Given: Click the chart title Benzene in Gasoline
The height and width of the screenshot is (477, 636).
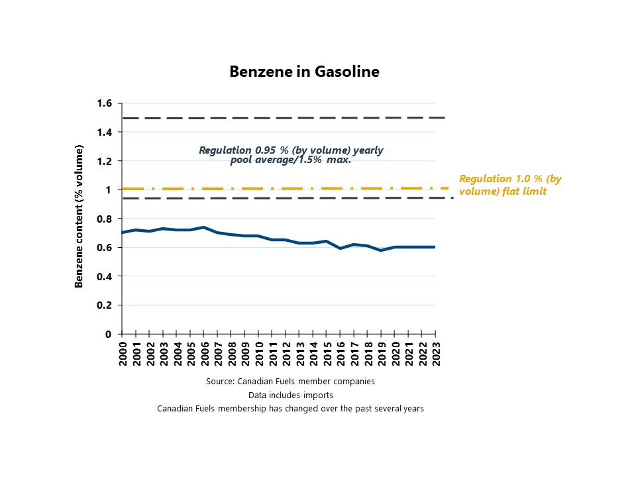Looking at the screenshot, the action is pyautogui.click(x=304, y=72).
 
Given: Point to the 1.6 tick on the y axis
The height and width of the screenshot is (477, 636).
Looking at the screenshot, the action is pyautogui.click(x=104, y=103).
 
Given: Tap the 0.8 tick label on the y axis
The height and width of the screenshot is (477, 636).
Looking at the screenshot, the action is pyautogui.click(x=104, y=219).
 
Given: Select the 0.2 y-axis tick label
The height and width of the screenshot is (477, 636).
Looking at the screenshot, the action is pyautogui.click(x=104, y=305).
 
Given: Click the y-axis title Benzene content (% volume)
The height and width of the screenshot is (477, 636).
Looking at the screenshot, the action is pyautogui.click(x=79, y=216).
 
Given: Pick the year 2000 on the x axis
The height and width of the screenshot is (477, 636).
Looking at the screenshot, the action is pyautogui.click(x=123, y=353).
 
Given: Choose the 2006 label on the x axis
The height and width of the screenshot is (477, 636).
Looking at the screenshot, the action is pyautogui.click(x=205, y=353).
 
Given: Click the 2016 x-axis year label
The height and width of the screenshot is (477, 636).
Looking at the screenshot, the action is pyautogui.click(x=341, y=353).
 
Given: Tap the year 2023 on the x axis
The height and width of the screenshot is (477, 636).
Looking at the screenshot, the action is pyautogui.click(x=436, y=353).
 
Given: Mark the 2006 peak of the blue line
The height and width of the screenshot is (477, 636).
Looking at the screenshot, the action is pyautogui.click(x=203, y=227).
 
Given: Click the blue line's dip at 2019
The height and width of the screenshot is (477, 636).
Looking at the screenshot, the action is pyautogui.click(x=381, y=250).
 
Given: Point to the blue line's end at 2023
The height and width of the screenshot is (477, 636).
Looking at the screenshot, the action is pyautogui.click(x=435, y=247).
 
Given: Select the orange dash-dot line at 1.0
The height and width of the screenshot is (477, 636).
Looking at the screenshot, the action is pyautogui.click(x=285, y=189).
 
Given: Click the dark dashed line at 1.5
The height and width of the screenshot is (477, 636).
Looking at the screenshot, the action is pyautogui.click(x=283, y=118).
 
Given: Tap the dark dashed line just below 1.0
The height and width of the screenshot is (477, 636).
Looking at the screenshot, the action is pyautogui.click(x=288, y=198).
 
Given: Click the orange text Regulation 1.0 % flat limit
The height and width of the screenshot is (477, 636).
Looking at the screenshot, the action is pyautogui.click(x=510, y=185).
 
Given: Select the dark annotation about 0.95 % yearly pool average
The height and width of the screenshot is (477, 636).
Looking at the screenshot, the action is pyautogui.click(x=291, y=155).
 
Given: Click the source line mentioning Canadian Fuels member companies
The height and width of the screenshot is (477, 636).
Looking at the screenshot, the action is pyautogui.click(x=290, y=382).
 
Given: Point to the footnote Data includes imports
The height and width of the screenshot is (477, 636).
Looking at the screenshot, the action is pyautogui.click(x=290, y=395).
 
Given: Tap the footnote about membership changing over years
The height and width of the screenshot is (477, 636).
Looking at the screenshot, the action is pyautogui.click(x=290, y=409).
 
